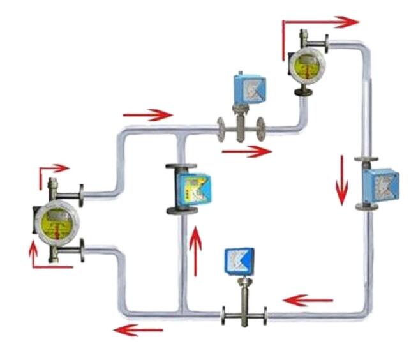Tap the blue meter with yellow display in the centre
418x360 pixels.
pos(190,187)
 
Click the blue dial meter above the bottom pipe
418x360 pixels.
pos(239,260)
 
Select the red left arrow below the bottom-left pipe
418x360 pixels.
pos(137,329)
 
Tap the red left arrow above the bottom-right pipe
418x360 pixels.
pos(308,299)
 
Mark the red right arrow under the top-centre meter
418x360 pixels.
pos(246,151)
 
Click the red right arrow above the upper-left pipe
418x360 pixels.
pos(147,115)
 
